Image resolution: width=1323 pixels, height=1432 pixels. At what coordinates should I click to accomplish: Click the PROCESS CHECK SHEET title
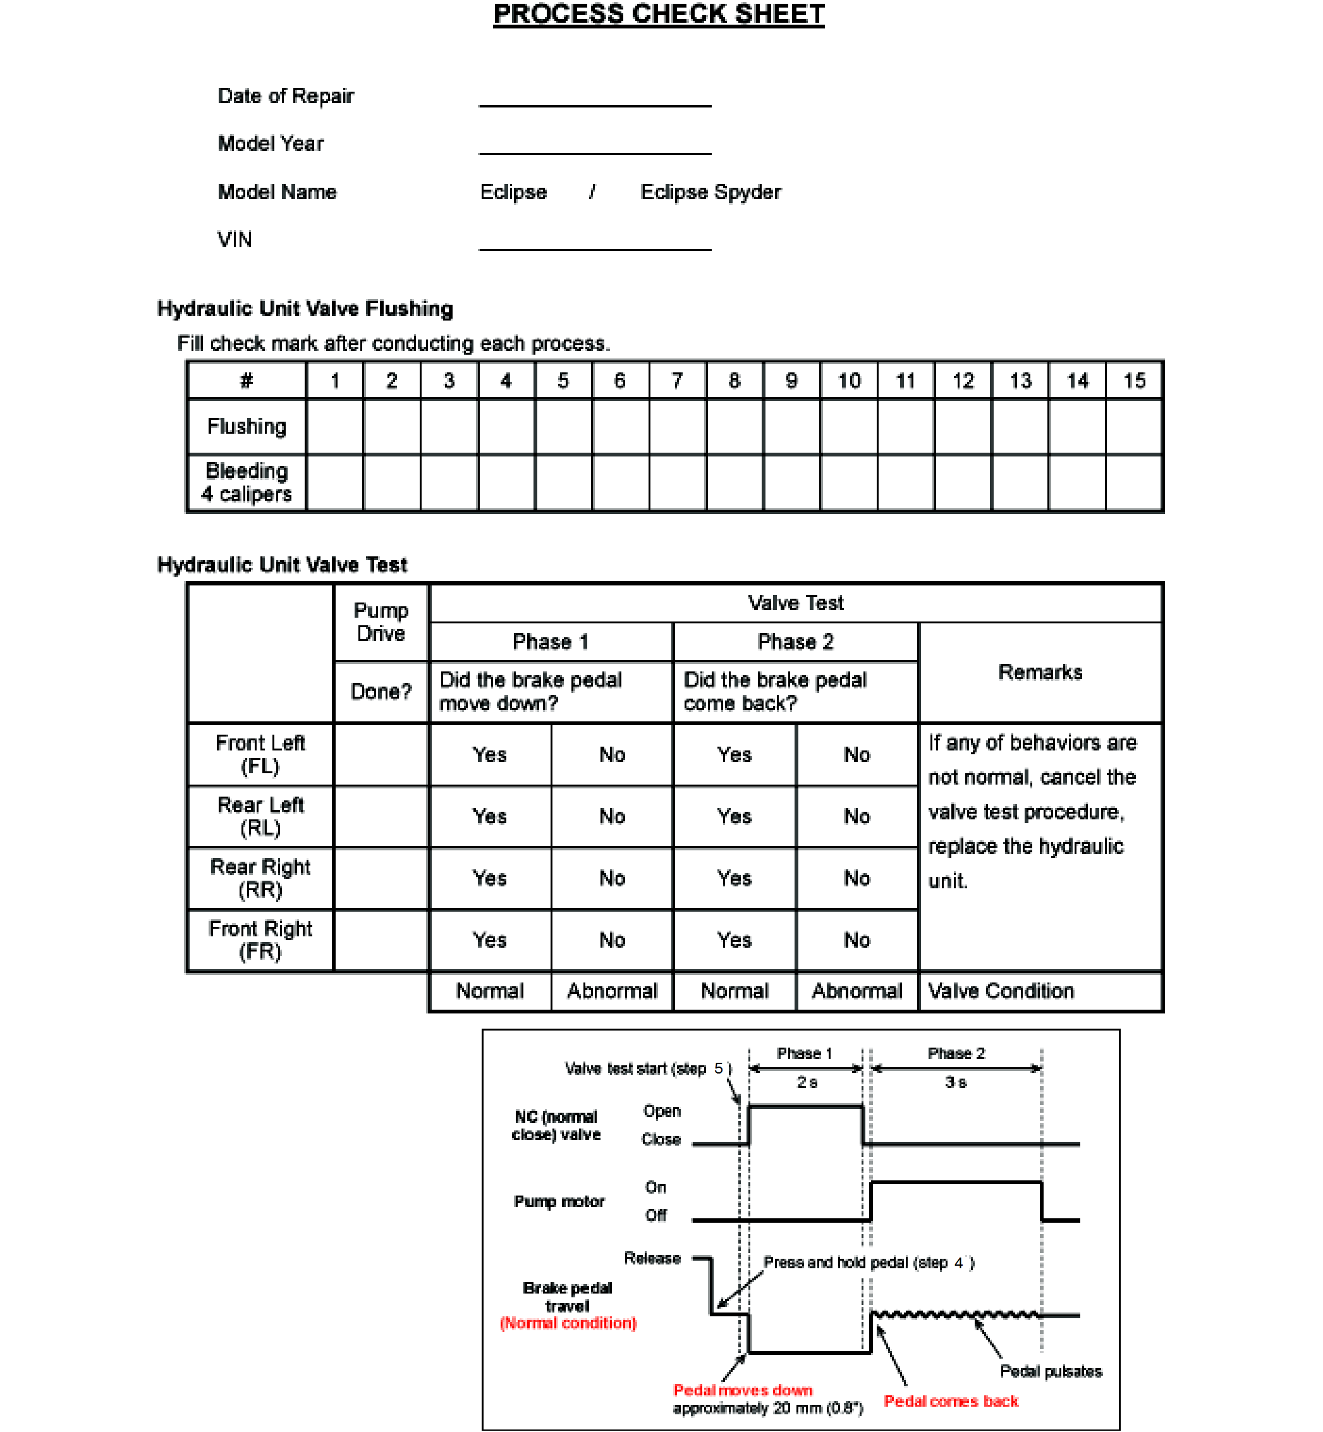point(659,15)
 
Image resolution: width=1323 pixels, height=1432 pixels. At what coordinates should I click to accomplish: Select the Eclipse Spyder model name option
point(710,192)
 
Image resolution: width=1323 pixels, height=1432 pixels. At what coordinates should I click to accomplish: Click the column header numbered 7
point(677,381)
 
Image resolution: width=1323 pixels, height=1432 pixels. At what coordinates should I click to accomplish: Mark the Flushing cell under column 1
point(335,427)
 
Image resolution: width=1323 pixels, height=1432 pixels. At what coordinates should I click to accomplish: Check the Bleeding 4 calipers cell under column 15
point(1134,482)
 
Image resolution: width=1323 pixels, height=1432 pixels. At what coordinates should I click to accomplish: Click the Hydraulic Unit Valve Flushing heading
point(305,309)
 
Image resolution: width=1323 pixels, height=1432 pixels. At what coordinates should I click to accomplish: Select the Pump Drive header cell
point(381,622)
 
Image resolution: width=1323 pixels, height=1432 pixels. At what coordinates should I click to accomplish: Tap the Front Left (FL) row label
point(260,755)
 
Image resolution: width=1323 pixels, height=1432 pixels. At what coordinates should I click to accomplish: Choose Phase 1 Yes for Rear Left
point(490,816)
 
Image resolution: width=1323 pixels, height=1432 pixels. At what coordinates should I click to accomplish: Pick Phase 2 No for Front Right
point(857,940)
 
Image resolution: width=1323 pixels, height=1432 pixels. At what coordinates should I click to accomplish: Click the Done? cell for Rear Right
point(381,879)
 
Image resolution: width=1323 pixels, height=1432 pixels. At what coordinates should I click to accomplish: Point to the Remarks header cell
point(1040,672)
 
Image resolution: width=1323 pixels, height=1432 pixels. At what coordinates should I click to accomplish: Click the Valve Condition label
point(1001,991)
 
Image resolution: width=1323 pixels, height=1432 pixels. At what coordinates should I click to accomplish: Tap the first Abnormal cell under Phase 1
point(612,991)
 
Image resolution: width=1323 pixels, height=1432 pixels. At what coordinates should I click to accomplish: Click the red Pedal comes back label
point(951,1401)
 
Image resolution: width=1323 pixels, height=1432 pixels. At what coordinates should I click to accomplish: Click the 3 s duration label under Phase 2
point(956,1082)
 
